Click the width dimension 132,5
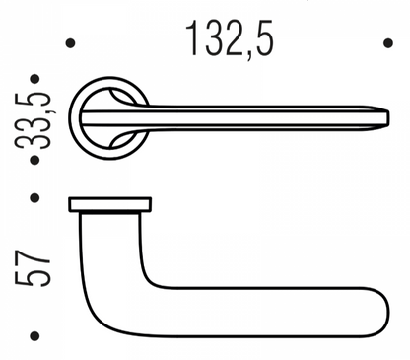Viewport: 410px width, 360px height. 229,38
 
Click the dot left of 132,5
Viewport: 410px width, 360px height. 70,42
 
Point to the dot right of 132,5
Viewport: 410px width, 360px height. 385,42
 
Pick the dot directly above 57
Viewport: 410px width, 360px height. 35,198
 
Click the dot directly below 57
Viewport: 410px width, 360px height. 35,334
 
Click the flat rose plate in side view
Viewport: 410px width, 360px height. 109,204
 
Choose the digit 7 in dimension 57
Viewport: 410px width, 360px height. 34,252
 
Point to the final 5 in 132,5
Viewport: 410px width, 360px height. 261,38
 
